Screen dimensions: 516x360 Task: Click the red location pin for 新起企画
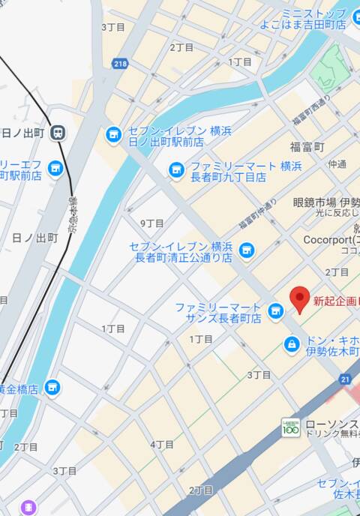[300, 299]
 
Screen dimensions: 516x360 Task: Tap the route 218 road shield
[121, 65]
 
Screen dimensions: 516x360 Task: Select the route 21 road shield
[345, 380]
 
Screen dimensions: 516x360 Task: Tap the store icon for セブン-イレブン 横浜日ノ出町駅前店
[114, 135]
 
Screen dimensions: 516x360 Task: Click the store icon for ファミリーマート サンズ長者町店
[276, 310]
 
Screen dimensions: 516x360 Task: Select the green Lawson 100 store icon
[290, 426]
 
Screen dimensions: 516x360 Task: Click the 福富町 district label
[307, 147]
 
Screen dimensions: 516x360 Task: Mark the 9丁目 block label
[152, 223]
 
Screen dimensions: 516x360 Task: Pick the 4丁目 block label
[162, 445]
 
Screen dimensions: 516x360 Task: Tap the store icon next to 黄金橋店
[52, 387]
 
